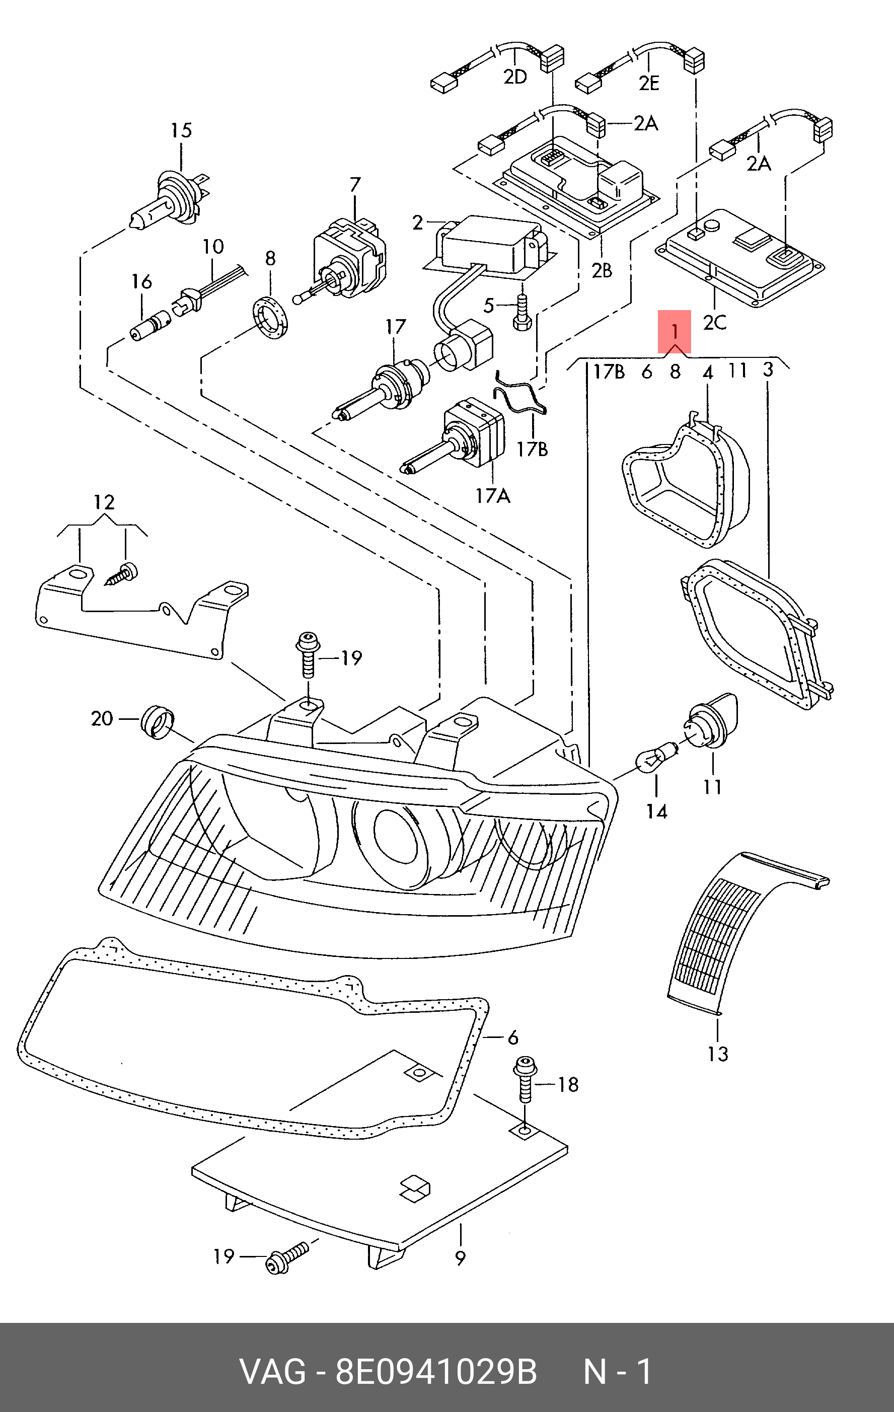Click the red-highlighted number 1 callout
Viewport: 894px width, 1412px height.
pos(674,332)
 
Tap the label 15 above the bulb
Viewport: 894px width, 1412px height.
pos(181,130)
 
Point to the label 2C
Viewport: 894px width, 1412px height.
pos(715,322)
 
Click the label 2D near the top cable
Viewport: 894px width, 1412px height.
pos(515,76)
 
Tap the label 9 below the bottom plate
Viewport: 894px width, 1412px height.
pos(460,1258)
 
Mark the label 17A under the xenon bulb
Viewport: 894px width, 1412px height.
pos(492,496)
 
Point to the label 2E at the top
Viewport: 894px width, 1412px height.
pos(649,83)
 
